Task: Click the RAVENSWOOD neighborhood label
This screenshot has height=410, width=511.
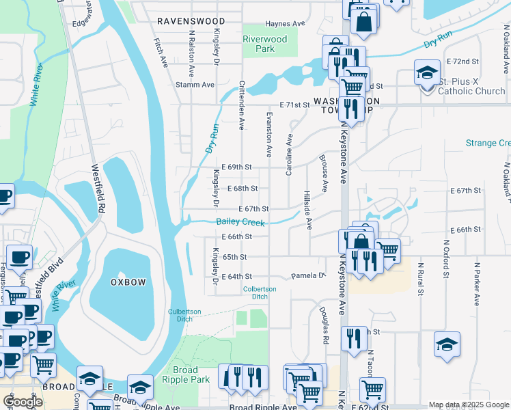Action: point(187,21)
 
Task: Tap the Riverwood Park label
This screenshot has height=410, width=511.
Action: point(265,44)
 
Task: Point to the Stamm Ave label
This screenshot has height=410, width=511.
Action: point(195,85)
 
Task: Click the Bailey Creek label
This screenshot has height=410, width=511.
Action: point(240,222)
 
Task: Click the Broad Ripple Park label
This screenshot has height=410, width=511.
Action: point(186,374)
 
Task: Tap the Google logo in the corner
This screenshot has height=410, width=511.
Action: point(23,402)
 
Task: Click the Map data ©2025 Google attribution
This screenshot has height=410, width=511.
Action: point(469,405)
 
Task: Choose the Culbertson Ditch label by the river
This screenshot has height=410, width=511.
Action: point(184,316)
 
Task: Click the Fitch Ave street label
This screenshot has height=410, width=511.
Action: point(161,53)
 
